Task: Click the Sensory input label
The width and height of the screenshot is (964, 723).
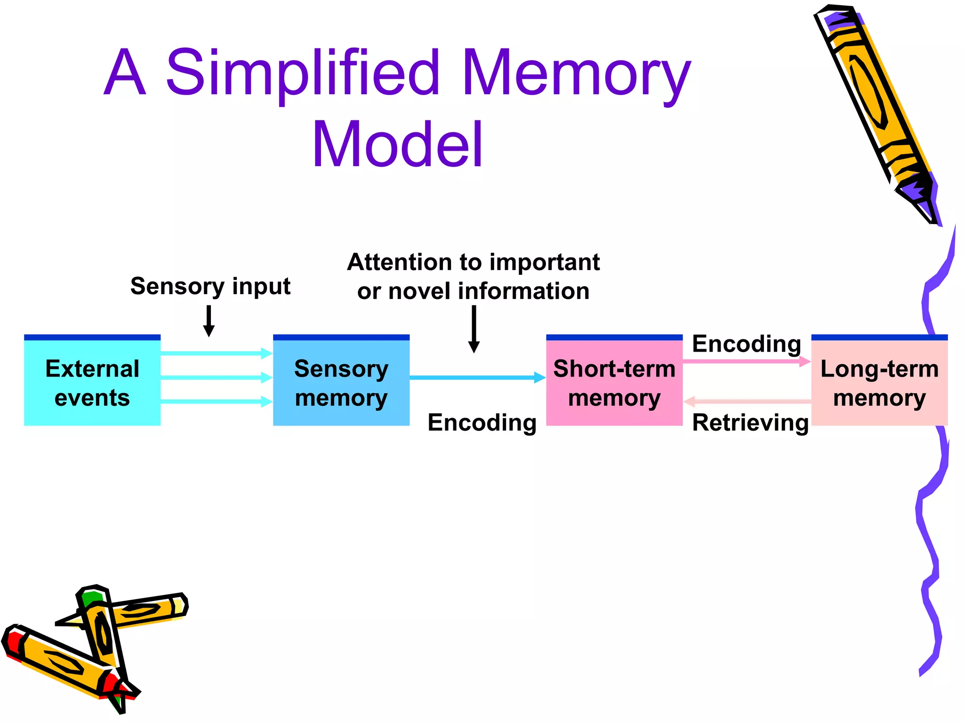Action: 210,286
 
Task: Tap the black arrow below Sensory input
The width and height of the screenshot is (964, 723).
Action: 209,321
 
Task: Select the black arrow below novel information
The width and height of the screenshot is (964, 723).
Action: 474,329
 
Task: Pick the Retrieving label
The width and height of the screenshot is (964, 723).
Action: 750,422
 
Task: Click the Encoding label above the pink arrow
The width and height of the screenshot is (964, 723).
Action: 747,344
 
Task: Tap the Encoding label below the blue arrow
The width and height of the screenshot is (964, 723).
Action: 482,422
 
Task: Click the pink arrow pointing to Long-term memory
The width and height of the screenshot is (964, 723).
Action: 746,361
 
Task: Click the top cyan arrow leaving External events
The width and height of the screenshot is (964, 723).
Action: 217,353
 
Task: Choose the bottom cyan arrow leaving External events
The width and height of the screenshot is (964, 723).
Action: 217,402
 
